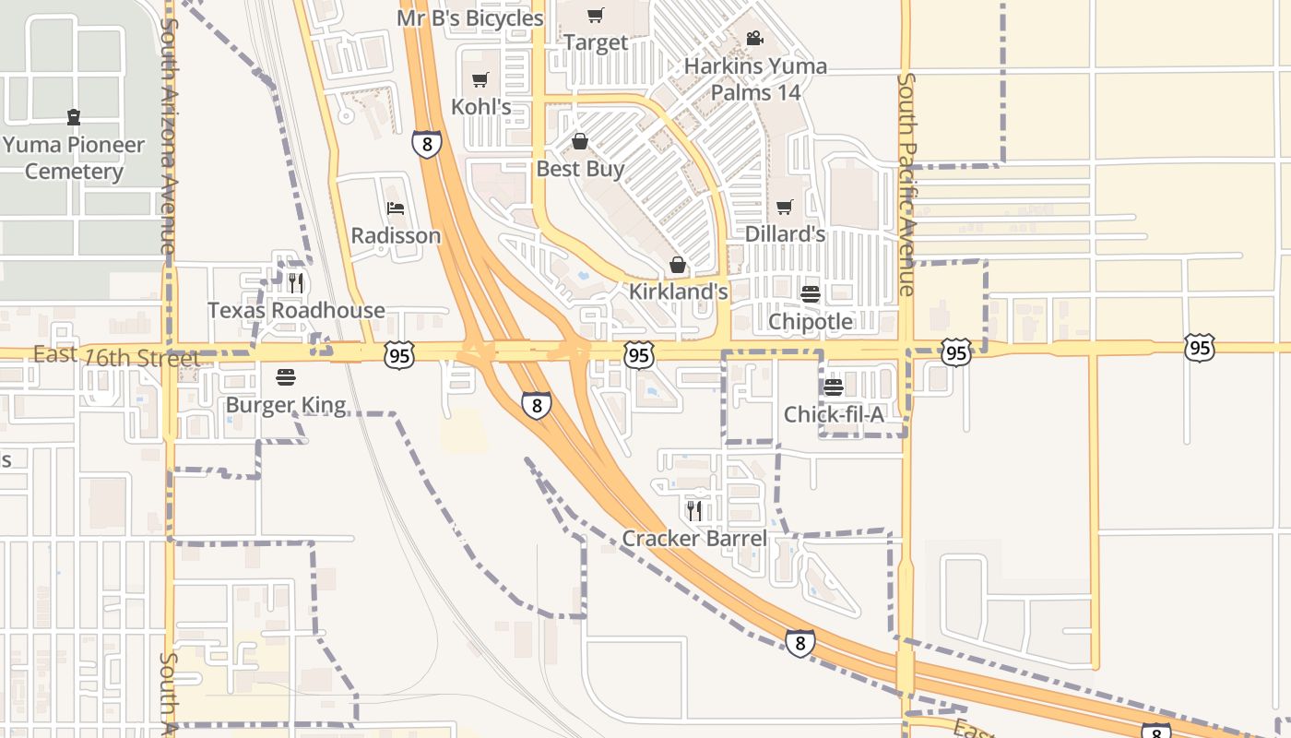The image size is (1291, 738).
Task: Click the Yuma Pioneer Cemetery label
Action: pyautogui.click(x=74, y=158)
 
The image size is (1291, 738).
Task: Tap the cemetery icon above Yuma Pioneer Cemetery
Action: pyautogui.click(x=73, y=117)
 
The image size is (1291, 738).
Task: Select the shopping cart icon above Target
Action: pyautogui.click(x=596, y=15)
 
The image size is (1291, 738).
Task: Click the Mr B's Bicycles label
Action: pyautogui.click(x=470, y=18)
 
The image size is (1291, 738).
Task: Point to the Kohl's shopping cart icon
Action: pyautogui.click(x=480, y=80)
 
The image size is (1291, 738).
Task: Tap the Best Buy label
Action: pyautogui.click(x=580, y=169)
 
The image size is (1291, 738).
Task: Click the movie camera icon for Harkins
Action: pyautogui.click(x=754, y=39)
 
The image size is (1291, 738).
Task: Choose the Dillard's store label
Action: pyautogui.click(x=784, y=234)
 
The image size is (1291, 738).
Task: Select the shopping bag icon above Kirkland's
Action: pyautogui.click(x=678, y=266)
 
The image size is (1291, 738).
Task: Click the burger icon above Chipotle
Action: pyautogui.click(x=811, y=294)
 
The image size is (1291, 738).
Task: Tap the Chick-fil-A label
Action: pyautogui.click(x=834, y=414)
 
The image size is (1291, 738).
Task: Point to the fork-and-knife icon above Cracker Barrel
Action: pyautogui.click(x=694, y=510)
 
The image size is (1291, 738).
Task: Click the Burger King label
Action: pyautogui.click(x=286, y=405)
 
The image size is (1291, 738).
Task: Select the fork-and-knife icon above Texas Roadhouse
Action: pyautogui.click(x=295, y=283)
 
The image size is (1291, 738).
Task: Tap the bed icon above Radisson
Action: pyautogui.click(x=396, y=208)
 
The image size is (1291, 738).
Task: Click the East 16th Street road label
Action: pyautogui.click(x=116, y=356)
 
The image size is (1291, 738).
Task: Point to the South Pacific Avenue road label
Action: pyautogui.click(x=906, y=184)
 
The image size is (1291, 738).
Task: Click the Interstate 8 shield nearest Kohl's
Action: pyautogui.click(x=426, y=144)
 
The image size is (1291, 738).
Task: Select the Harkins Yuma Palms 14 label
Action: pyautogui.click(x=755, y=79)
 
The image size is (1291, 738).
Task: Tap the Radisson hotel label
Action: pyautogui.click(x=396, y=235)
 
